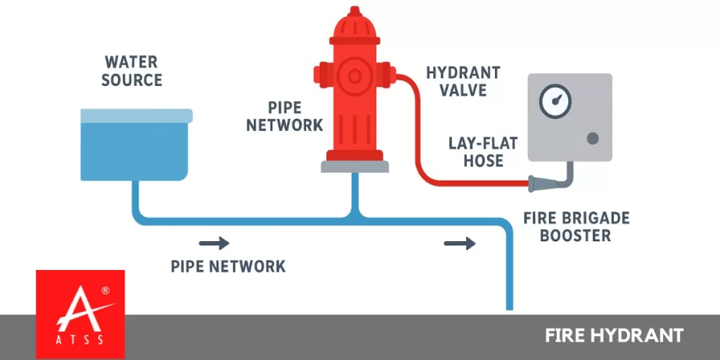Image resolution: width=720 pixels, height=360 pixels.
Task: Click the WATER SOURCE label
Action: pos(131,72)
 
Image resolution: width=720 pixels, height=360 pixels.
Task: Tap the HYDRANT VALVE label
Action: pos(463,82)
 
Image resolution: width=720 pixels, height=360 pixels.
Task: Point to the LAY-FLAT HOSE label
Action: pos(483,152)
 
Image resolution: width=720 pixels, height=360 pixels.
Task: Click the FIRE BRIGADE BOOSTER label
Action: pos(575,226)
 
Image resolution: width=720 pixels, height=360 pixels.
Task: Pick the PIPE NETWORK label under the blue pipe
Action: pos(229,266)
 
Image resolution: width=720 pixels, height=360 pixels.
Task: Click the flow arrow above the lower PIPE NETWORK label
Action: pos(214,244)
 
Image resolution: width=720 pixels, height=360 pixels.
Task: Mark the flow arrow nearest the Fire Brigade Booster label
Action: pos(460,244)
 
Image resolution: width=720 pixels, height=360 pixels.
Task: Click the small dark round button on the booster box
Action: pos(593,138)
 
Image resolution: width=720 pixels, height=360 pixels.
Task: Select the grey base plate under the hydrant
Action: pos(354,166)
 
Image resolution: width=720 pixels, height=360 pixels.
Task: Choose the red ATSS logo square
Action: pos(80,314)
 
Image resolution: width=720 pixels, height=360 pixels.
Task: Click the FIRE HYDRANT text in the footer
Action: pos(613,335)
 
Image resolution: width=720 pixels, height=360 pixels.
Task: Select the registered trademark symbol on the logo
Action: pos(105,290)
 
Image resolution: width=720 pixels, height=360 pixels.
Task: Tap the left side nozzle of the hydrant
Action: pos(321,72)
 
